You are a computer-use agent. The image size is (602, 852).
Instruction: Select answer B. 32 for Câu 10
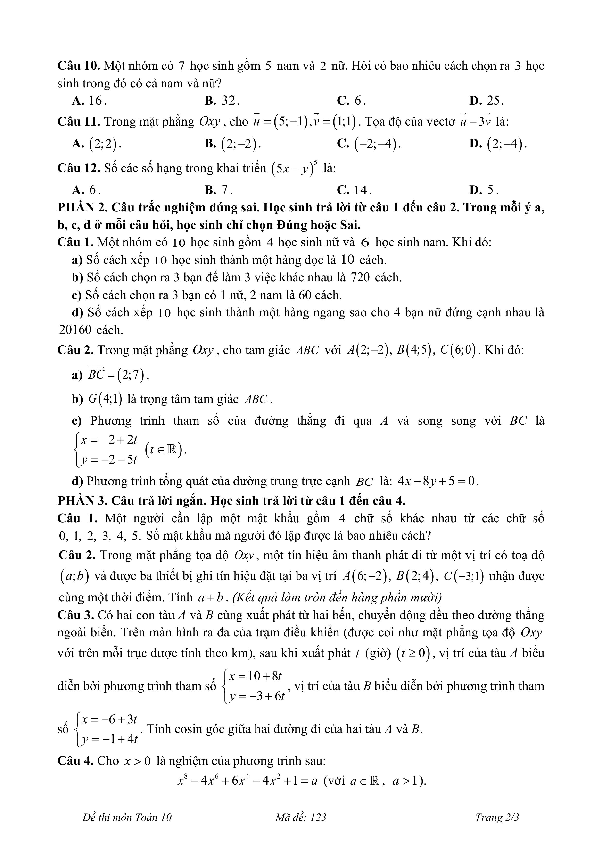tap(222, 101)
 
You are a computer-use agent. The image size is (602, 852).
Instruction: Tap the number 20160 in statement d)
tap(75, 330)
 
